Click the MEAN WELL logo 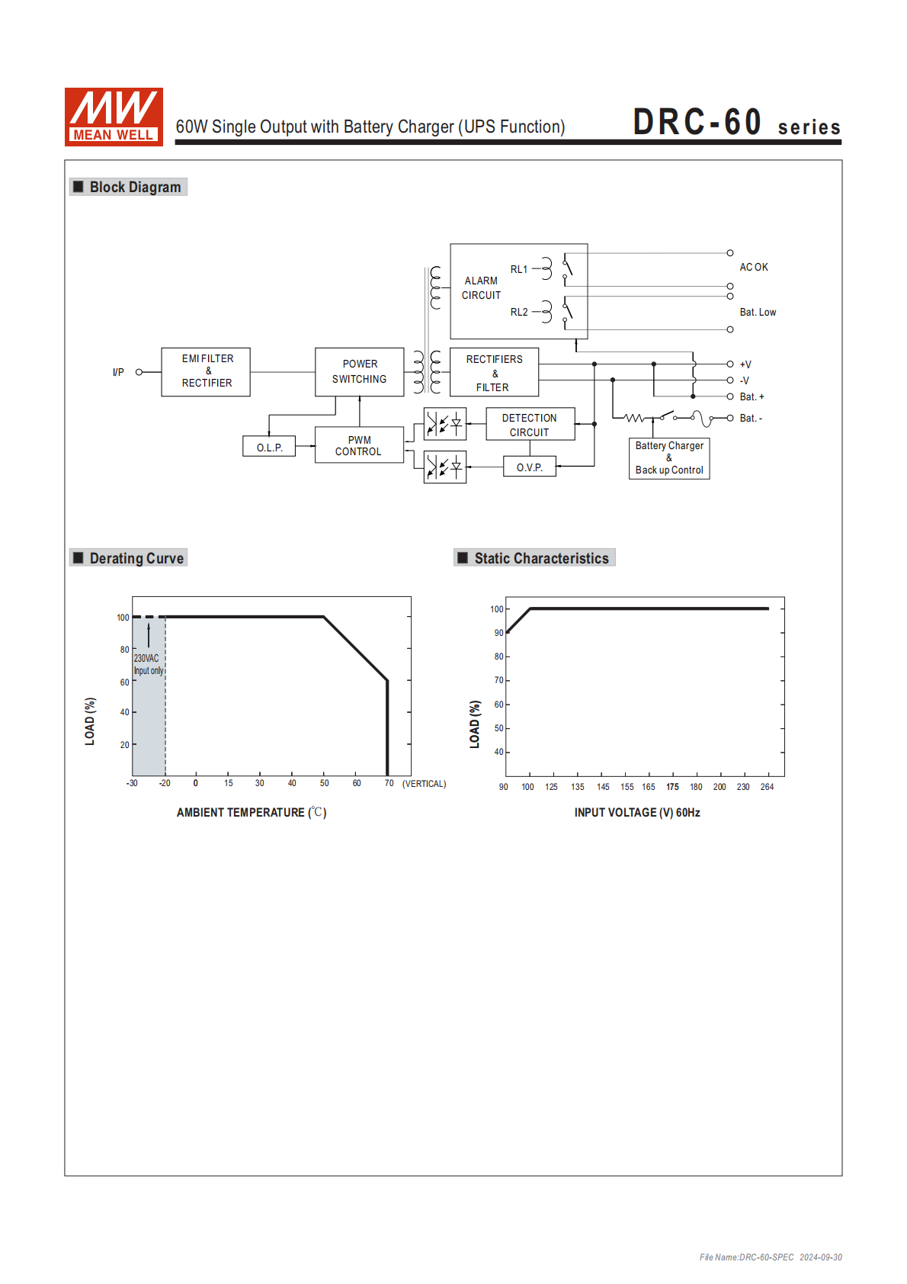(x=114, y=117)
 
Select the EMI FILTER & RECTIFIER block (x=206, y=371)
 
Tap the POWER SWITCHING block (x=359, y=371)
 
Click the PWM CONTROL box (x=359, y=445)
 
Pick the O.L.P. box (x=269, y=447)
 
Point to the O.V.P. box (x=530, y=467)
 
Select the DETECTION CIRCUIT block (x=530, y=425)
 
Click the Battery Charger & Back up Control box (x=669, y=457)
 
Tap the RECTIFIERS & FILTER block (x=494, y=372)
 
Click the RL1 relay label (x=519, y=269)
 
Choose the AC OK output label (x=754, y=267)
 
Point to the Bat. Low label (x=758, y=312)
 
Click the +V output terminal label (x=745, y=364)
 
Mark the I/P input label (x=118, y=372)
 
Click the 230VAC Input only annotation (x=148, y=664)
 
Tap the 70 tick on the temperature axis (x=389, y=783)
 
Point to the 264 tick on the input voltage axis (x=767, y=787)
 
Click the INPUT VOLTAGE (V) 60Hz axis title (x=637, y=813)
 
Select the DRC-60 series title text (x=736, y=123)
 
